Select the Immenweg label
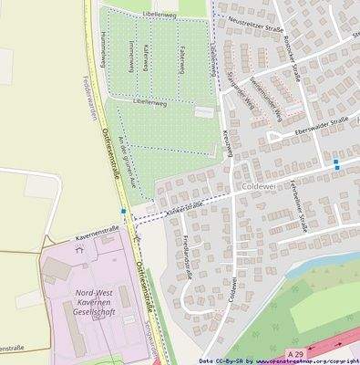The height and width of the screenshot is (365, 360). pyautogui.click(x=132, y=57)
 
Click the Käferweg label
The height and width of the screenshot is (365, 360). pyautogui.click(x=146, y=57)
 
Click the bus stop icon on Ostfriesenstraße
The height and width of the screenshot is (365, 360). pyautogui.click(x=123, y=211)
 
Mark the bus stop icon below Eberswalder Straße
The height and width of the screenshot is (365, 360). pyautogui.click(x=336, y=164)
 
